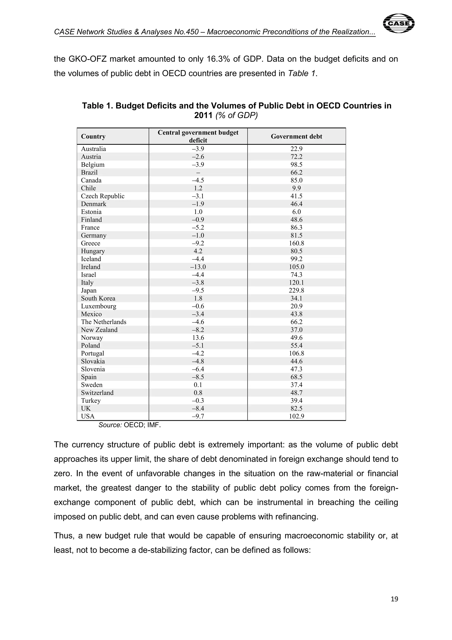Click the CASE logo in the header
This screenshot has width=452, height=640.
tap(399, 23)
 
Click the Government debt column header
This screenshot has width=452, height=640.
tap(296, 136)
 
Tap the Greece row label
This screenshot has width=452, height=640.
tap(90, 243)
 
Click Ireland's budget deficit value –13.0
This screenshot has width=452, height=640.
tap(198, 267)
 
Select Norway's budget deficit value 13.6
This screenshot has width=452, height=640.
tap(198, 338)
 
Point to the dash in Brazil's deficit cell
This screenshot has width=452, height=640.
tap(198, 173)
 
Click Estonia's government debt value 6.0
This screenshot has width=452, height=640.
tap(296, 212)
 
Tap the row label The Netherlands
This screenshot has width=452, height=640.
tap(104, 322)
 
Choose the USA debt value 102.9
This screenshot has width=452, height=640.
tap(296, 416)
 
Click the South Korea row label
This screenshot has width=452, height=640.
tap(98, 298)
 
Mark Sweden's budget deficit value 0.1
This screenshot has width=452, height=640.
tap(198, 385)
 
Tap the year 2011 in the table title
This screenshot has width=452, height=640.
tap(203, 115)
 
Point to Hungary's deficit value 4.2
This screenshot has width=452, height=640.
tap(198, 251)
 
